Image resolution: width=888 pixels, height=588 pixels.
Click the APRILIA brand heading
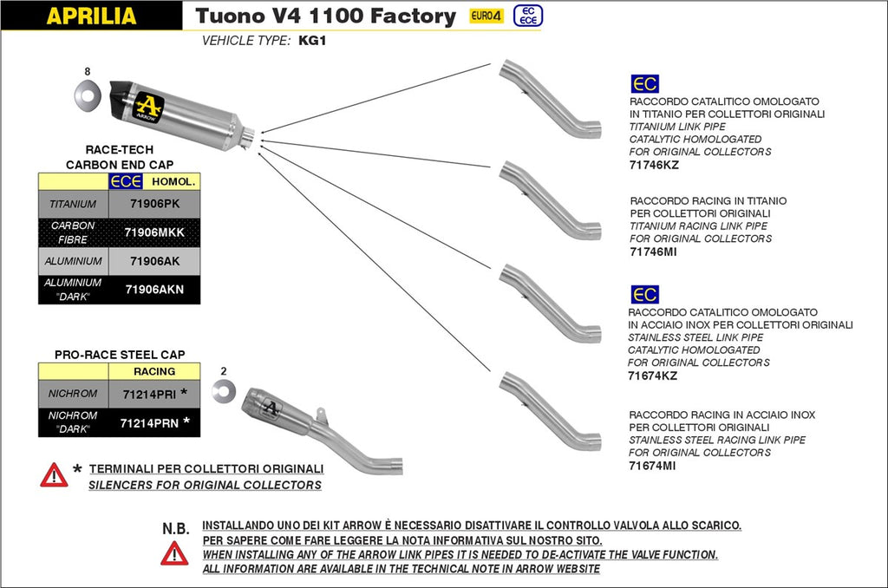pos(90,16)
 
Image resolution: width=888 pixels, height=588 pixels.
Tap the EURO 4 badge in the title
pos(486,16)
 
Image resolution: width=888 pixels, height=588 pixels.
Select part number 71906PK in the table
pos(153,205)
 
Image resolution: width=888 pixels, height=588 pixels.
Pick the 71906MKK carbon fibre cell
pos(153,232)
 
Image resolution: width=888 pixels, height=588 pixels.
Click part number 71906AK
pos(153,261)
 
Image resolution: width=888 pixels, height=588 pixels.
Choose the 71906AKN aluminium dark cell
pos(153,290)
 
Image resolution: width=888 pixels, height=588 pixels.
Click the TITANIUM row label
pos(73,205)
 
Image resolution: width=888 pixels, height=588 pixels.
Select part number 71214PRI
pos(148,395)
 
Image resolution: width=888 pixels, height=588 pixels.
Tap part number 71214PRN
pos(148,423)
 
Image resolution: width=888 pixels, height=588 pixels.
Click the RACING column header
pos(153,371)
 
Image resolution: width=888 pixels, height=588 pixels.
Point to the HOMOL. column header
pos(173,181)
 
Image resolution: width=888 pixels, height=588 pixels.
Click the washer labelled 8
pos(88,92)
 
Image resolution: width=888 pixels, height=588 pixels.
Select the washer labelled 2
pos(223,391)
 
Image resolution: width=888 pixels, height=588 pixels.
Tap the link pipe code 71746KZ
pos(653,164)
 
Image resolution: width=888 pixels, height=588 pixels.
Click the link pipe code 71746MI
pos(653,252)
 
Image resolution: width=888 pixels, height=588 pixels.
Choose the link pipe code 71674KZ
pos(652,376)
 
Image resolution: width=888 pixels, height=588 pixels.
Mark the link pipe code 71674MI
pos(652,465)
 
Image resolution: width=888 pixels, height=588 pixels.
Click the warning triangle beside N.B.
pos(174,553)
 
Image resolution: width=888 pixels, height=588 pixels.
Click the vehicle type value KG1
pos(312,41)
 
